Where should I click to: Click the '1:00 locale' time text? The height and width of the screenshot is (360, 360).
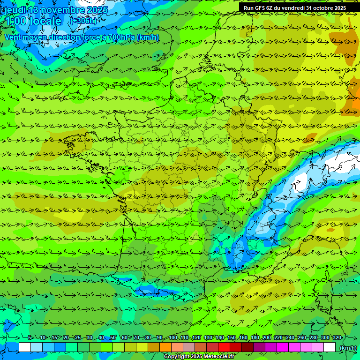click(x=33, y=22)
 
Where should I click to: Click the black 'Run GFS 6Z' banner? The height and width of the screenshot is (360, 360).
click(x=295, y=8)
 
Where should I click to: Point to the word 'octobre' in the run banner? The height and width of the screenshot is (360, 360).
click(x=321, y=8)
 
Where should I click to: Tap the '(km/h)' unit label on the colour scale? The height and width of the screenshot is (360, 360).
click(x=347, y=348)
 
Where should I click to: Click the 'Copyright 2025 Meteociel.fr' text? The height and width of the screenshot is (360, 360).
click(x=199, y=357)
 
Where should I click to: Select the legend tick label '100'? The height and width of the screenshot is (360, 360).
click(x=173, y=337)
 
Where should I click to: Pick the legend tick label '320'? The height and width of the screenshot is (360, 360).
click(x=337, y=337)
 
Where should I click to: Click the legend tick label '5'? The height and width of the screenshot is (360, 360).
click(x=30, y=337)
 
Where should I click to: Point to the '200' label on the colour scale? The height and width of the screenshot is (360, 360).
click(x=267, y=337)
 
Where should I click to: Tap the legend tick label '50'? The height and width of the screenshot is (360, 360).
click(x=113, y=337)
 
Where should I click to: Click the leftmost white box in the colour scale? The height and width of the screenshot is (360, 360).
click(x=25, y=347)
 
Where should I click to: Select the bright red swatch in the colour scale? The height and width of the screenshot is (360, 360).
click(x=224, y=347)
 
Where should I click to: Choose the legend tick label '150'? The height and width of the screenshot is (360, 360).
click(x=232, y=337)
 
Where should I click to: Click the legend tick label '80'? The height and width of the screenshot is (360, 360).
click(x=148, y=337)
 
